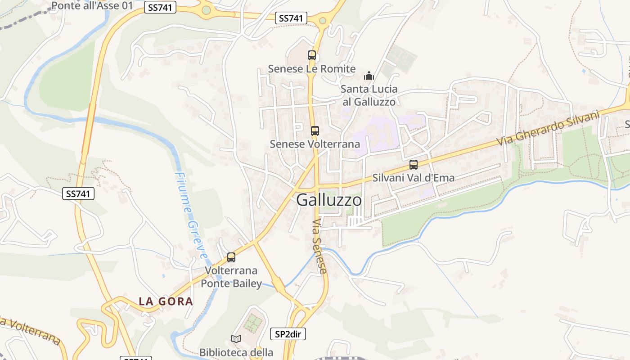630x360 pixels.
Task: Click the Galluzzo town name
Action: [x=329, y=200]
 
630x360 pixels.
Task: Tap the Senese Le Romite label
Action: [x=312, y=69]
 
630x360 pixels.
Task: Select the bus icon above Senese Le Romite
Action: [x=312, y=55]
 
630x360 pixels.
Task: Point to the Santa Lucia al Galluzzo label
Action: [x=369, y=95]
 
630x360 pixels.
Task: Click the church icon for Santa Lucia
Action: [x=369, y=76]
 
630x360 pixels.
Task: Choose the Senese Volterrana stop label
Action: [x=315, y=144]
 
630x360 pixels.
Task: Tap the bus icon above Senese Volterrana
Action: [x=315, y=131]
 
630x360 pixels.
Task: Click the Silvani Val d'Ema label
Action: [x=414, y=178]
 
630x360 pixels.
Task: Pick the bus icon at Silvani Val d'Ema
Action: [x=414, y=165]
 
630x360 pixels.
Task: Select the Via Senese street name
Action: [x=319, y=246]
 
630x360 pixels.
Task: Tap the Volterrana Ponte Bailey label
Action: [x=231, y=277]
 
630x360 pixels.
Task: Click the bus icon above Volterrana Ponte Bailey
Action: [x=231, y=257]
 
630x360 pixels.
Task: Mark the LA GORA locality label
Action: [x=166, y=301]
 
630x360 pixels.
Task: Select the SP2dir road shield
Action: [x=288, y=334]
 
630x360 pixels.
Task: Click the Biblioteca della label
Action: [x=236, y=352]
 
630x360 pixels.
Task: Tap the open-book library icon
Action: [x=236, y=338]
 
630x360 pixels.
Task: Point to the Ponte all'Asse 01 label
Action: [x=92, y=5]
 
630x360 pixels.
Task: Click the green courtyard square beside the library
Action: [x=253, y=322]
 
